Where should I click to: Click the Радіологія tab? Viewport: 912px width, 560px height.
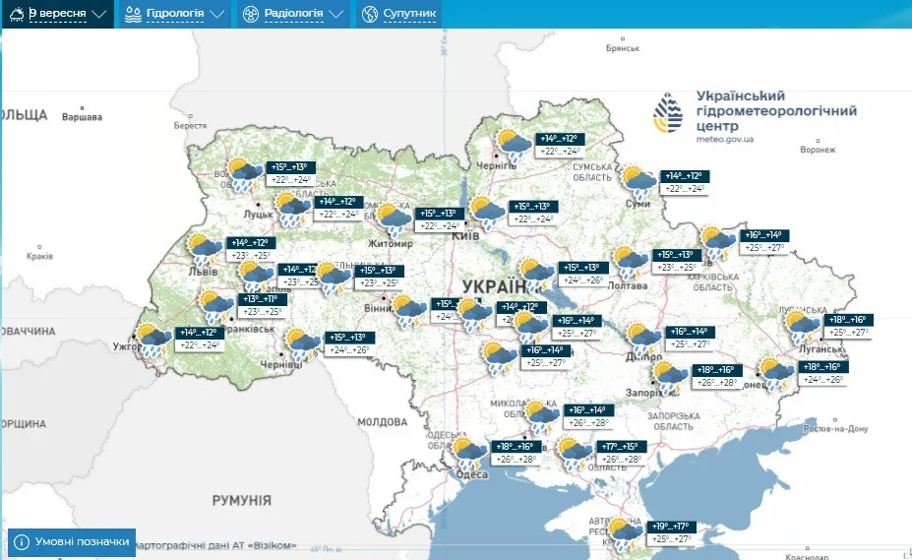(293, 15)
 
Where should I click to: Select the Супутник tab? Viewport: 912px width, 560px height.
(399, 15)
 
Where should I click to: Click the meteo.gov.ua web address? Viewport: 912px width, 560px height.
(725, 140)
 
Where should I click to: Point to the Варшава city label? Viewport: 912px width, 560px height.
(82, 117)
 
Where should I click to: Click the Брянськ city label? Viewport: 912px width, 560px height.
(624, 47)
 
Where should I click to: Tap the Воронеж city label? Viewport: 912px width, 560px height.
(818, 150)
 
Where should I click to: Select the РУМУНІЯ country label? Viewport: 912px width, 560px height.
(241, 500)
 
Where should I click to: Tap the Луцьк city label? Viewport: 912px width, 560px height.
(259, 212)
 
